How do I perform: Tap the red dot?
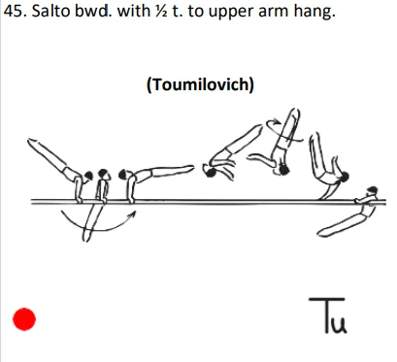pyautogui.click(x=23, y=318)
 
